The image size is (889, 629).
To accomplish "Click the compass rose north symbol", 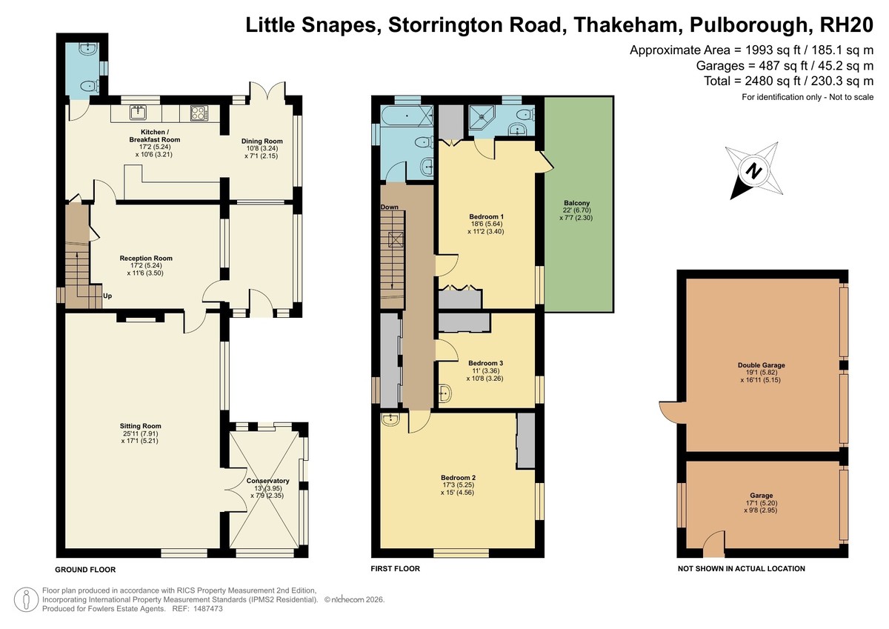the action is coord(754,171).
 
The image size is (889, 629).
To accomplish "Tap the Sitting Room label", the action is coord(141,426).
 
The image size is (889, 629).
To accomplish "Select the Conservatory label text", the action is coord(268,481).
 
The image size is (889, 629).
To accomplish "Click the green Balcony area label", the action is coord(576,203).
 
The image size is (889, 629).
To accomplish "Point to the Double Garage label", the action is coord(762,365).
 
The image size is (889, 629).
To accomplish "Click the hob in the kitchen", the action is coord(199,113).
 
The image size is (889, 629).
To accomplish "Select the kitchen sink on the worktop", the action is coord(139,113).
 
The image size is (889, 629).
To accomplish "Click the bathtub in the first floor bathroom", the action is coord(407,116).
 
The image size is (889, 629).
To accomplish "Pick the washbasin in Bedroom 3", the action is coord(445,393).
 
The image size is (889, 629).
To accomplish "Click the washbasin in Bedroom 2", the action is coord(390,419).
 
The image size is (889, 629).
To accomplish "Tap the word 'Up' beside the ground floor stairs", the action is coord(107,296).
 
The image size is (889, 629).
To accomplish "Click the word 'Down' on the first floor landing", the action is coord(390,207).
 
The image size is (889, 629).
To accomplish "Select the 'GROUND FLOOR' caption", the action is coord(85,570).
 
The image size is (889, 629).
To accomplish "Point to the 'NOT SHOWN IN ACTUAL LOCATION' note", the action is coord(742,569).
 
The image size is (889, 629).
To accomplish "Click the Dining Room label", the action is coord(262,141).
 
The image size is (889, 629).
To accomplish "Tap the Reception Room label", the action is coord(146,259).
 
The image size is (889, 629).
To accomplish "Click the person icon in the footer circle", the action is coord(26,599).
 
